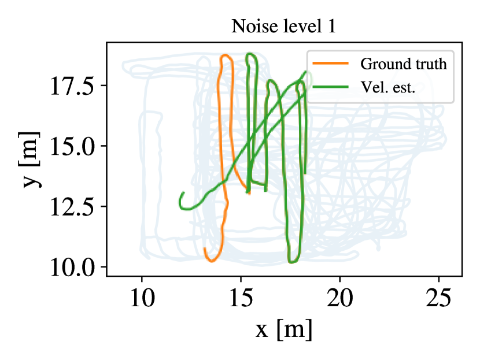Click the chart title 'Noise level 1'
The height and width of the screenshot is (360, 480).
coord(283,27)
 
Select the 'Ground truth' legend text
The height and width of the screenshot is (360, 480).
coord(403,64)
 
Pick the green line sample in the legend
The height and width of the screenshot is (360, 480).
coord(330,87)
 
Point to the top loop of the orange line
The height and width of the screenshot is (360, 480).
coord(226,57)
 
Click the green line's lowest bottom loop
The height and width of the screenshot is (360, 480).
coord(293,261)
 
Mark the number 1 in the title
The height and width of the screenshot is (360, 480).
coord(331,27)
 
